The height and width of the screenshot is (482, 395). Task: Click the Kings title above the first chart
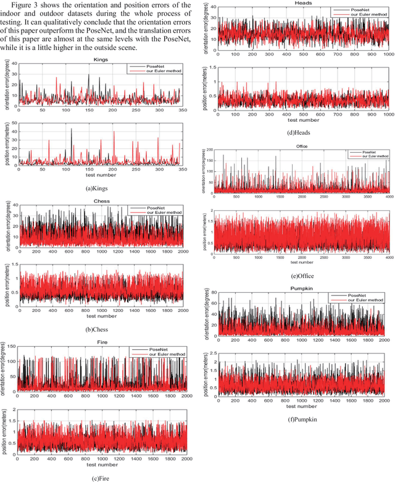[101, 60]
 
